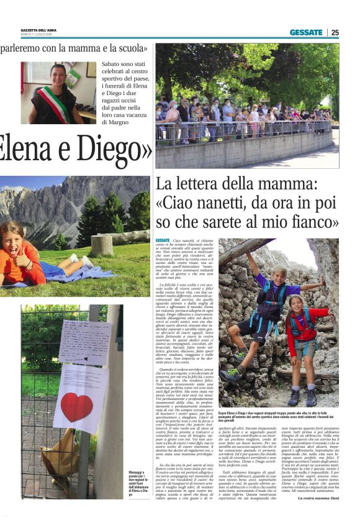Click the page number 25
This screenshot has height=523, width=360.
335,32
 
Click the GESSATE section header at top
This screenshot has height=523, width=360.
306,32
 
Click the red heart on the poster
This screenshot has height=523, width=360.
76,407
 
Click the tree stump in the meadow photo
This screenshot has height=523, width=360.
101,244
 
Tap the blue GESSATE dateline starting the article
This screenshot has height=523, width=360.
163,240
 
